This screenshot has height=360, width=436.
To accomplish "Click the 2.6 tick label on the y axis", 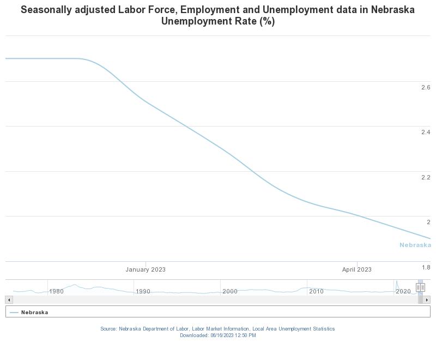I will coord(426,87).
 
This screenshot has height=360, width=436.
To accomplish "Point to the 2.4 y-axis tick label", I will coord(426,132).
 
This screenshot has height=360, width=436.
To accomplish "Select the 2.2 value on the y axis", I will coord(426,177).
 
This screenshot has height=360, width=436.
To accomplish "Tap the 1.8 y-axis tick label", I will coord(426,267).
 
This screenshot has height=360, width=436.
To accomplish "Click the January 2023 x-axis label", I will coord(146,269).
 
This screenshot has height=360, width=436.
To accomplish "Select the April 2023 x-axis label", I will coord(356,269).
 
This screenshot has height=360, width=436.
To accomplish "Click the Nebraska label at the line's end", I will coord(415,245).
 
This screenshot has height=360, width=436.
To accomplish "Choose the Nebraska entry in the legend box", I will coord(34,313).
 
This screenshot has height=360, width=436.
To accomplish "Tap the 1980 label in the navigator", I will coord(56,291).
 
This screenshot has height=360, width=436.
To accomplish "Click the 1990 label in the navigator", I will coord(143,291).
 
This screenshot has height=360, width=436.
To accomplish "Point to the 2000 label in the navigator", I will coord(229,291).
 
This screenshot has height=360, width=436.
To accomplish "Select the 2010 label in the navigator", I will coord(316,291).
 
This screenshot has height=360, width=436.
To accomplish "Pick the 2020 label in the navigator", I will coord(403,291).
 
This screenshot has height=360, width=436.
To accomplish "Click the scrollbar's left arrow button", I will coord(9,300).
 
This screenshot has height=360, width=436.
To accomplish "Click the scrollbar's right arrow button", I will coord(427,300).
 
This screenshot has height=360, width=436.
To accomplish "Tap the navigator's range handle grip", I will coord(420,287).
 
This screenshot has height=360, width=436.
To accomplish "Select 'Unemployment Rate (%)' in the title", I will coord(218,21).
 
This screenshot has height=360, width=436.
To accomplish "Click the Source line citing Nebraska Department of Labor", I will coord(217,329).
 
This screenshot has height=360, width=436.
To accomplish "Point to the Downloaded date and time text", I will coord(217,335).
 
